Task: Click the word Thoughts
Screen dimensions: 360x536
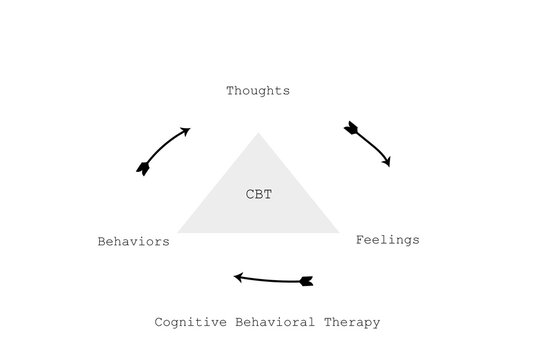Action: coord(258,91)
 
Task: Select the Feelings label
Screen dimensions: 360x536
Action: coord(388,240)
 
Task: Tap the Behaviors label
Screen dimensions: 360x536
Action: coord(133,241)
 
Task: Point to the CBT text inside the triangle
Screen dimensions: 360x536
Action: coord(259,194)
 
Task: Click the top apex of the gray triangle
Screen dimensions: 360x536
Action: coord(259,133)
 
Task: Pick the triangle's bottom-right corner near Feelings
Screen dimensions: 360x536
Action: coord(338,232)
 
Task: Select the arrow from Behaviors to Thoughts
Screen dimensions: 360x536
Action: coord(163,150)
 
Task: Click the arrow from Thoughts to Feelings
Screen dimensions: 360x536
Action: coord(368,144)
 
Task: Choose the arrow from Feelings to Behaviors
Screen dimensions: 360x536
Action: coord(272,278)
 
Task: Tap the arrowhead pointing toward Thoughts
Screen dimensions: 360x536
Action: coord(185,130)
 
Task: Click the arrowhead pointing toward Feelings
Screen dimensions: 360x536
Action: coord(386,161)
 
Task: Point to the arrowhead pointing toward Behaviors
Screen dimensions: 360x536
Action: coord(239,277)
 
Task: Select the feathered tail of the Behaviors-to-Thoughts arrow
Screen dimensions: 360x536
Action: coord(143,169)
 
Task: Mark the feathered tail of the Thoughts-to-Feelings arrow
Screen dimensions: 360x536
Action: coord(351,128)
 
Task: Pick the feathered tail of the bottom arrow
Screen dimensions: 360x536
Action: coord(306,280)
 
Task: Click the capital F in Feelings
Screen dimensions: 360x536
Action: coord(360,240)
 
